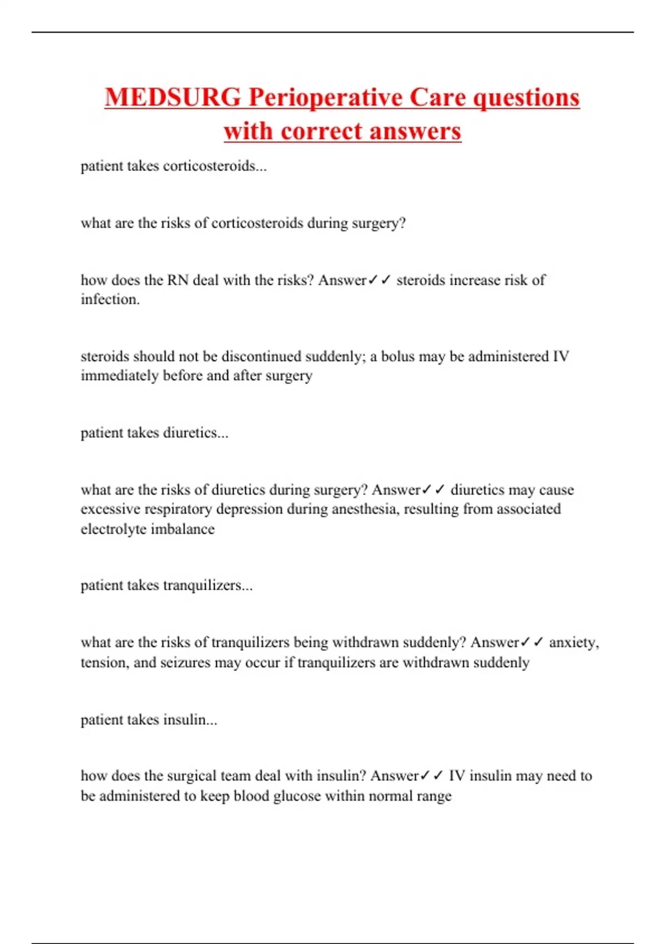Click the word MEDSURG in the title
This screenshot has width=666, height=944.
[x=173, y=98]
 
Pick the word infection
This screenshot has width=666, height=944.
[x=110, y=299]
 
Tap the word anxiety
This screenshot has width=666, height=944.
[x=573, y=642]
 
